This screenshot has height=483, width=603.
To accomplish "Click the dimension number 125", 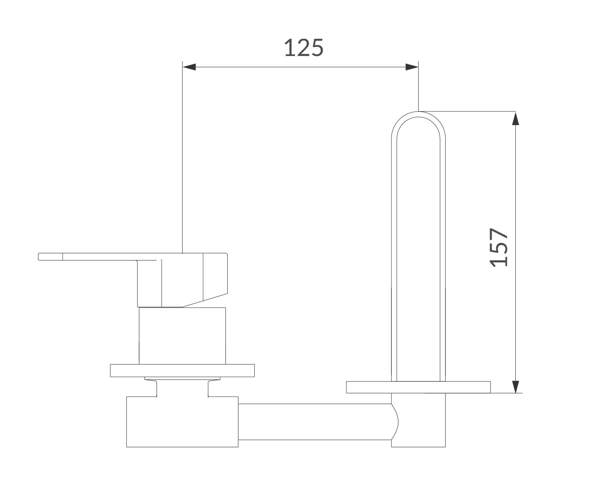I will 304,48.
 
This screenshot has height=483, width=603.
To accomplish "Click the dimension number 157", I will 500,247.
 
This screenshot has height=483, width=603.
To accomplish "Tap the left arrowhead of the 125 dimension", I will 189,67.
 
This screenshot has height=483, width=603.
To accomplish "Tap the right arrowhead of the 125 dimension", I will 412,67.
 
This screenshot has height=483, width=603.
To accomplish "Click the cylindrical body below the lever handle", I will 182,336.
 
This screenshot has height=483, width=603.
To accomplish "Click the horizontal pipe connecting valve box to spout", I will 315,422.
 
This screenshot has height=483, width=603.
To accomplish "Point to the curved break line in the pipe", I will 396,422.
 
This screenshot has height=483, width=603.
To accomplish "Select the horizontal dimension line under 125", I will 300,67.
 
